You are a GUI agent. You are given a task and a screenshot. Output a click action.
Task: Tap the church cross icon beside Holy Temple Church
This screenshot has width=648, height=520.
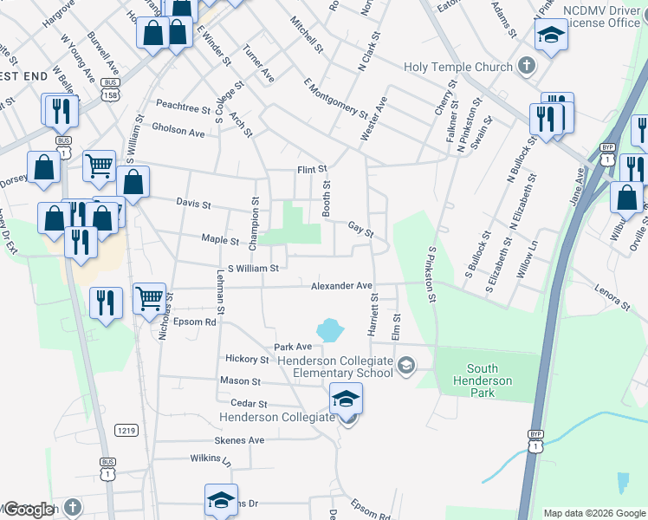tap(526, 66)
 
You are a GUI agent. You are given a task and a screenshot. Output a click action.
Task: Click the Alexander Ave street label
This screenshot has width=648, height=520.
tap(342, 285)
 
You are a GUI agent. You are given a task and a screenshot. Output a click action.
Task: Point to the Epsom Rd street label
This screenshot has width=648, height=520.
tap(192, 322)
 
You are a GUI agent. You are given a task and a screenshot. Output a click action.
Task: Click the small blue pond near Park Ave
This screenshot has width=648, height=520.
tap(329, 329)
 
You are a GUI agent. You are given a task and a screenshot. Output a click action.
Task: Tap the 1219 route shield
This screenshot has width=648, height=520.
tap(127, 429)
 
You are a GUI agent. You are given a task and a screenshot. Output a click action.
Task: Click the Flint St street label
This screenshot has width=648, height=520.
tap(312, 169)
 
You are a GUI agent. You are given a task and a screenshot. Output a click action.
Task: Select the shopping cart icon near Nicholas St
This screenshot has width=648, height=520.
tap(150, 298)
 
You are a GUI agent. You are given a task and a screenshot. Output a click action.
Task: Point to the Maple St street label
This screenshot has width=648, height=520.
tap(220, 240)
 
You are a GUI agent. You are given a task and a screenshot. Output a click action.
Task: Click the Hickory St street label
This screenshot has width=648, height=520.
tap(247, 359)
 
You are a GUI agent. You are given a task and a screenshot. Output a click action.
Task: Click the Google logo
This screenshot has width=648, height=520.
tap(29, 510)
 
